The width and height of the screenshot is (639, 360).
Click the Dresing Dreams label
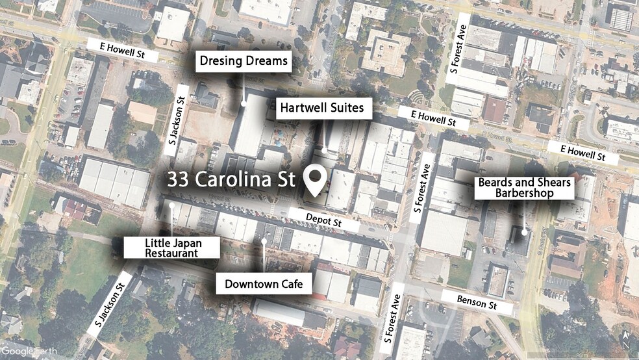point(244,62)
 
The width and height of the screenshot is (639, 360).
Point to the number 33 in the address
point(179,180)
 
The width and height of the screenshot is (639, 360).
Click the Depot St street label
point(323,220)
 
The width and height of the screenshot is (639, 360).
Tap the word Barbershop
point(527,193)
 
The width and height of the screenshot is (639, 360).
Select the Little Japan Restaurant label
point(171,248)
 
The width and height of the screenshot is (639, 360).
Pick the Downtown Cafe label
point(264,284)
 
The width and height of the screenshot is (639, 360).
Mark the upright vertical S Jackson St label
point(173,123)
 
